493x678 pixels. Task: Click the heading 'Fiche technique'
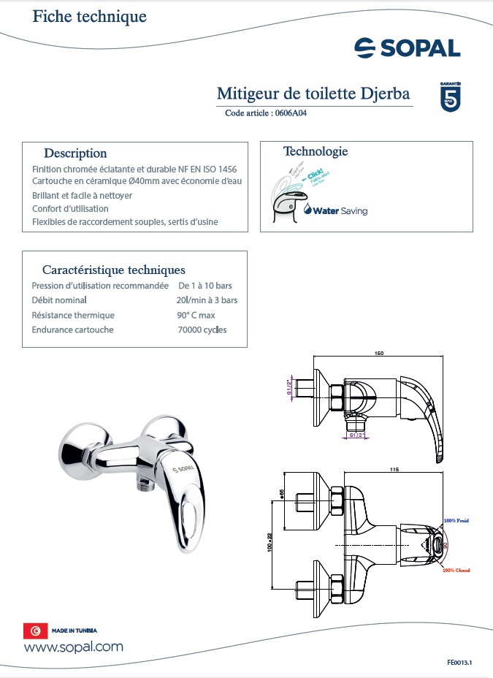(x=90, y=16)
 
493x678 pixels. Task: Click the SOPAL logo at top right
(x=407, y=48)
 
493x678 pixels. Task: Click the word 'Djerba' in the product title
(x=384, y=94)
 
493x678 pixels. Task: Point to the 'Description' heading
(x=75, y=153)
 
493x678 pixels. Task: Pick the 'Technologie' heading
(x=316, y=151)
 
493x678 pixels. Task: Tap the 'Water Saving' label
(x=341, y=211)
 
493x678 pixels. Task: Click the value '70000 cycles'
(x=202, y=330)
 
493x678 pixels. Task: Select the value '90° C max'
(x=195, y=316)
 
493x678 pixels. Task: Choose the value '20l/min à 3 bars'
(x=207, y=300)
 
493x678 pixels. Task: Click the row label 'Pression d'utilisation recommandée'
(x=100, y=286)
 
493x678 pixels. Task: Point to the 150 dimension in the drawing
(x=379, y=354)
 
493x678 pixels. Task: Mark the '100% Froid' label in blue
(x=456, y=521)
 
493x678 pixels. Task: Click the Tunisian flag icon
(x=34, y=630)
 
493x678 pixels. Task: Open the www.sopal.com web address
(x=74, y=647)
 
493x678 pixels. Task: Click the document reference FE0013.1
(x=460, y=663)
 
